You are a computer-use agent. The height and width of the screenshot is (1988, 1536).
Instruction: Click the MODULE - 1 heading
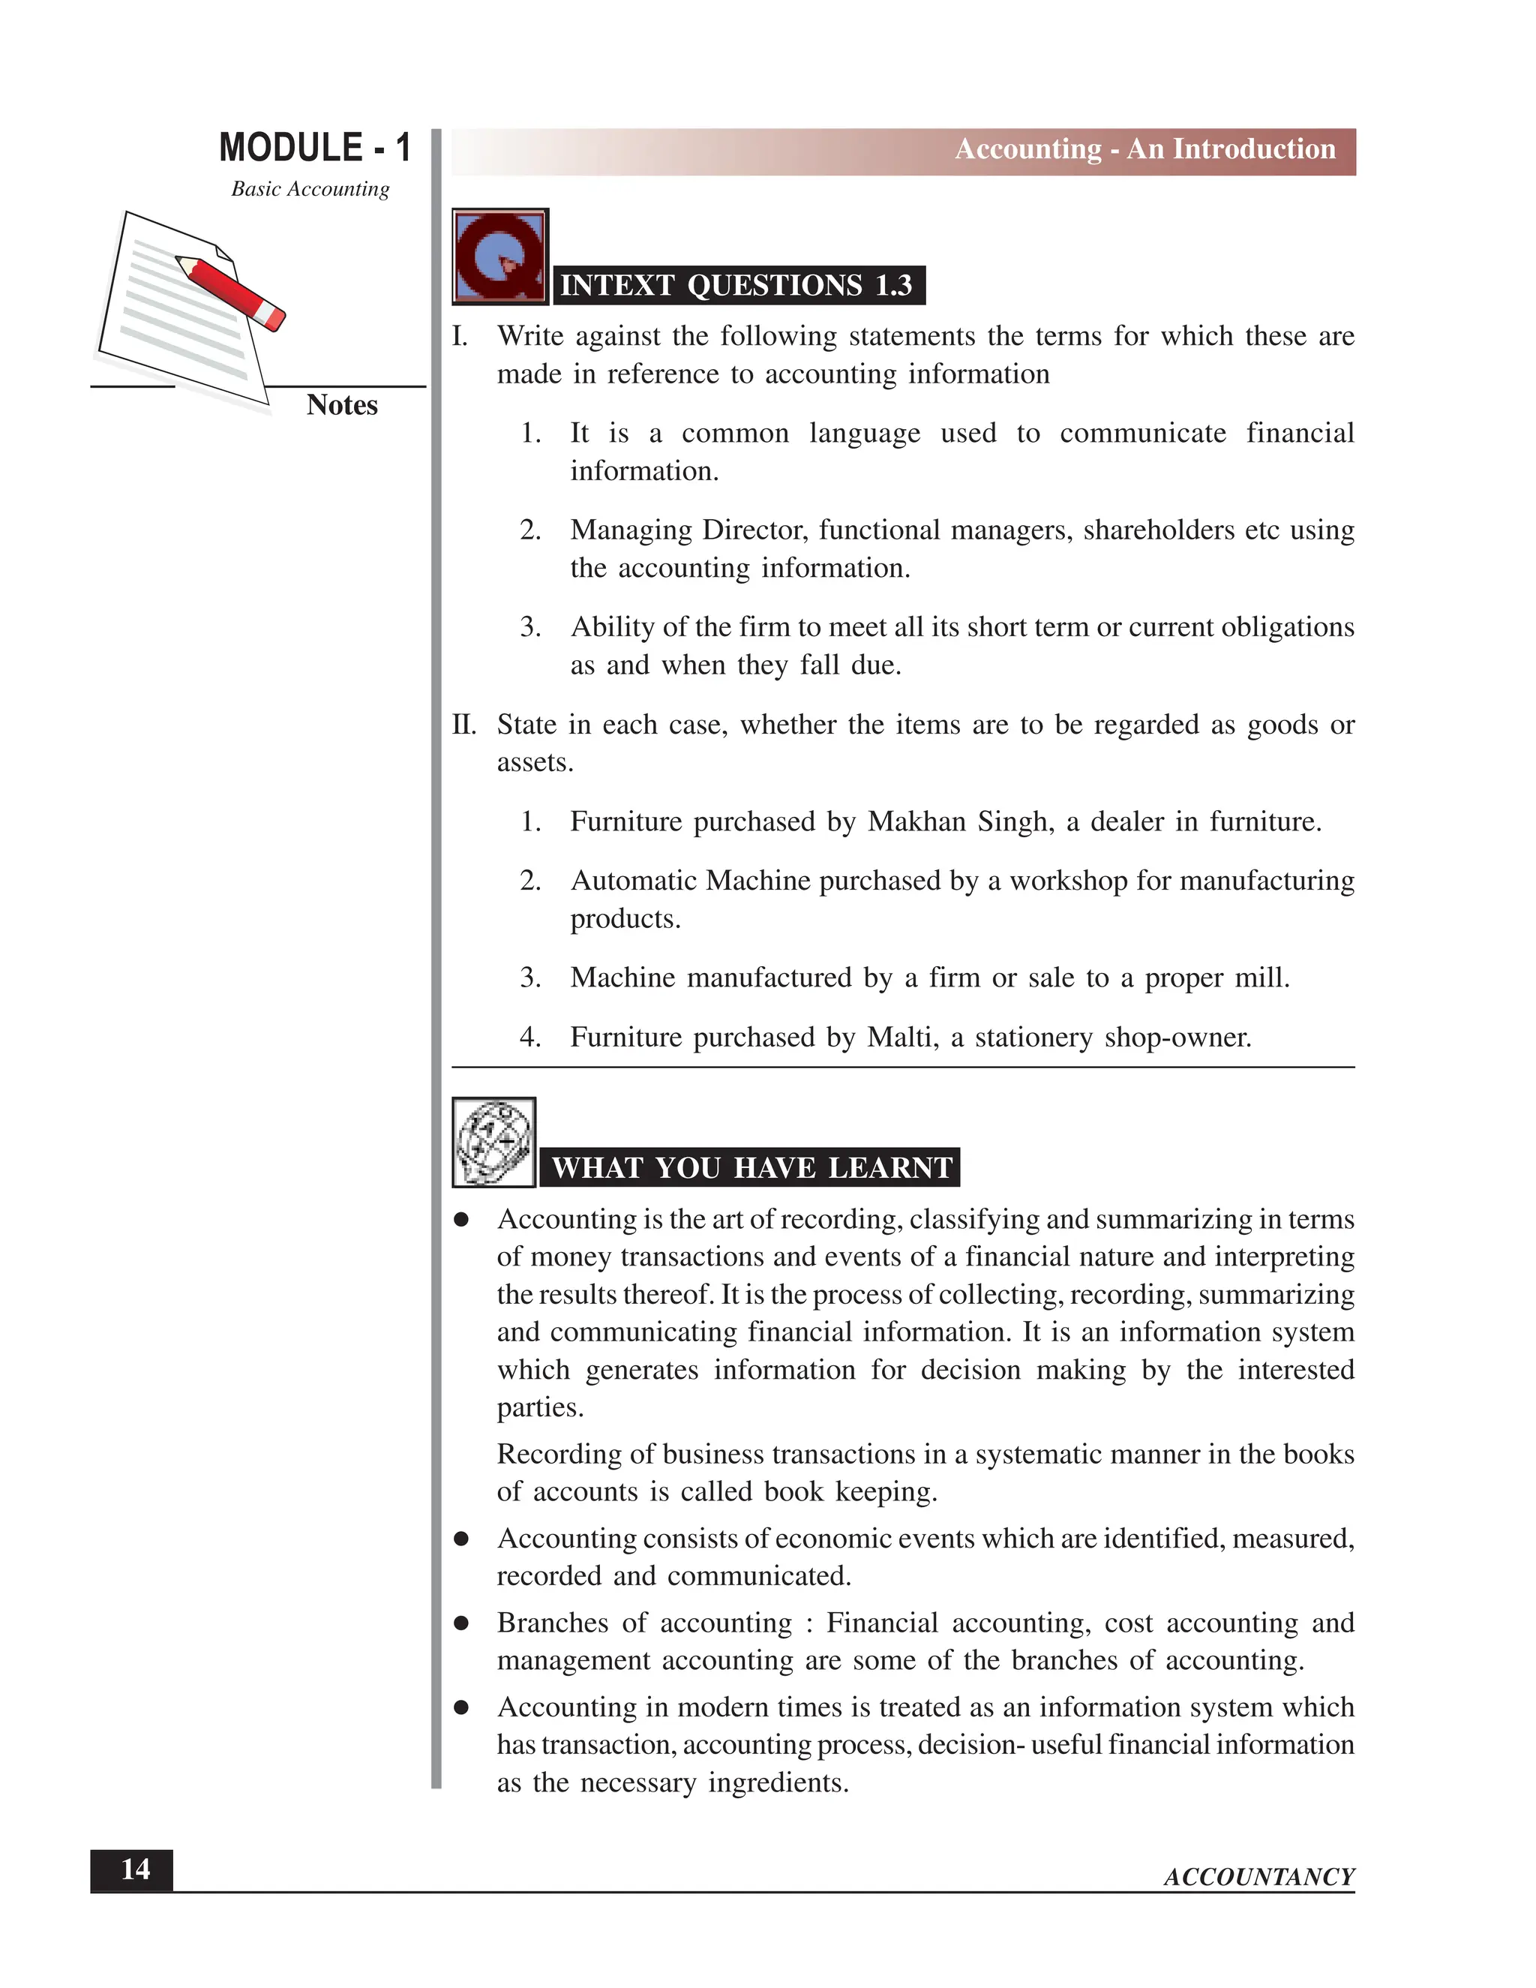click(x=315, y=148)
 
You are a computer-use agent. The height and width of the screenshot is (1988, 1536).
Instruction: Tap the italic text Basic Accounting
click(x=310, y=189)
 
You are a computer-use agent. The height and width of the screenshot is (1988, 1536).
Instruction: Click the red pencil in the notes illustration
click(x=231, y=292)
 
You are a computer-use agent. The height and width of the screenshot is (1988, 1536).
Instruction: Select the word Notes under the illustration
click(x=341, y=405)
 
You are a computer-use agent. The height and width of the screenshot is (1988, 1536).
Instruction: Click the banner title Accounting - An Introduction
click(x=1144, y=149)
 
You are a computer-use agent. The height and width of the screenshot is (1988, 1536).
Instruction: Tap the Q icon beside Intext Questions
click(x=499, y=257)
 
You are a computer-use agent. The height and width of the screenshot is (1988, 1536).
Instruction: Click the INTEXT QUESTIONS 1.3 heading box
click(x=737, y=286)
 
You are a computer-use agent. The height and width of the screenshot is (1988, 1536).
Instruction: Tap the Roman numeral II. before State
click(x=464, y=725)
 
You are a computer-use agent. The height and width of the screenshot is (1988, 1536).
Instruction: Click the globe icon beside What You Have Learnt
click(x=493, y=1143)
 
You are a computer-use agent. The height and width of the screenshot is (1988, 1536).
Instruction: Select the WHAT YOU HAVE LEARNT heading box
click(x=751, y=1168)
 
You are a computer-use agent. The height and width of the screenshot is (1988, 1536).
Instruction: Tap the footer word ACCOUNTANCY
click(x=1258, y=1877)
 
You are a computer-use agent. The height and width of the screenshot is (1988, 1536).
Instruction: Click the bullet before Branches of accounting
click(x=461, y=1623)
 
